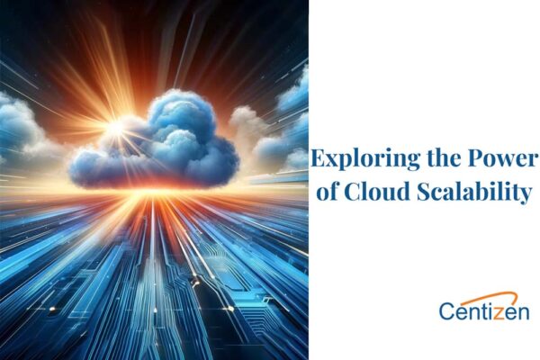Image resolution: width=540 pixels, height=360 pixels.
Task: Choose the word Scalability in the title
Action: click(x=472, y=192)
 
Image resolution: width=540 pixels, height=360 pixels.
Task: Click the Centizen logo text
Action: click(x=484, y=311)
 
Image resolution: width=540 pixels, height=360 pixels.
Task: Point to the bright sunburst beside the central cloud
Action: click(x=115, y=128)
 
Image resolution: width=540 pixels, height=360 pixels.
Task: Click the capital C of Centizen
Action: click(x=447, y=311)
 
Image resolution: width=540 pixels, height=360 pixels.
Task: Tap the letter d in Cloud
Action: click(x=406, y=191)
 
